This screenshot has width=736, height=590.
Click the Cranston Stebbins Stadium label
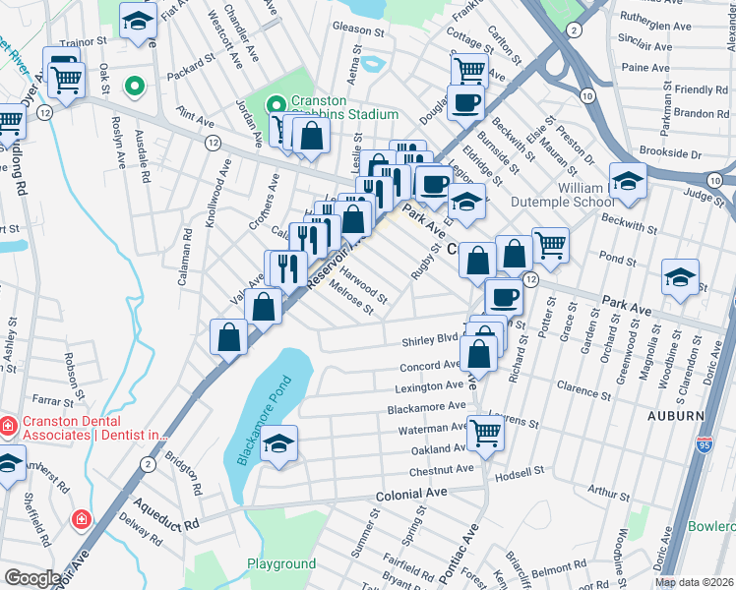coord(329,107)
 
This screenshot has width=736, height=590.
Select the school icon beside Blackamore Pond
coord(279,445)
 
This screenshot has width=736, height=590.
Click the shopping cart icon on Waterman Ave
coord(485,432)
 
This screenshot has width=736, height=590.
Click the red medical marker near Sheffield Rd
coord(81,517)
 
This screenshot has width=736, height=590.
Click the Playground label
coord(280,563)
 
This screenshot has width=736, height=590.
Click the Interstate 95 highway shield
coord(704,444)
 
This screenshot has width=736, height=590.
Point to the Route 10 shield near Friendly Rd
coord(587,94)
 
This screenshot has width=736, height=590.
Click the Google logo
coord(32,577)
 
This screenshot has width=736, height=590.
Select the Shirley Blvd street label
coord(431,341)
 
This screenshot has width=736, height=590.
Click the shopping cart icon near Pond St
coord(550,245)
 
